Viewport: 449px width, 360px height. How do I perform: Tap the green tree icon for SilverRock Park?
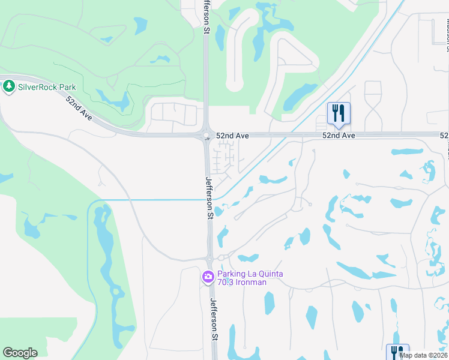(8, 87)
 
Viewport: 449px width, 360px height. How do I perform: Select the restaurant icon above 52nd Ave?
(339, 112)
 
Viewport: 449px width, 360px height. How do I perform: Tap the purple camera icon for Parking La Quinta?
(208, 277)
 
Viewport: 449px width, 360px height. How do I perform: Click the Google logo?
(20, 353)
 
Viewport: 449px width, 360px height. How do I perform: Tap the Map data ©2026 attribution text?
(423, 355)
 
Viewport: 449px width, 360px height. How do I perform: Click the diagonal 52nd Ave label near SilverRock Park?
(79, 109)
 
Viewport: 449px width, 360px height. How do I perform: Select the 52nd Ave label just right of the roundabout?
(232, 136)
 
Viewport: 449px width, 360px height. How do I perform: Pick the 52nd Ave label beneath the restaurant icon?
(339, 136)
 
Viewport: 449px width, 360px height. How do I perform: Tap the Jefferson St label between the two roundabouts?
(209, 197)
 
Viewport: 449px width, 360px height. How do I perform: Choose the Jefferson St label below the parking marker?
(212, 319)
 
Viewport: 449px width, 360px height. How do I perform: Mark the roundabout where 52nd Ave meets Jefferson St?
(206, 135)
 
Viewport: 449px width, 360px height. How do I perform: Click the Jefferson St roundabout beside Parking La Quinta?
(209, 259)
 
